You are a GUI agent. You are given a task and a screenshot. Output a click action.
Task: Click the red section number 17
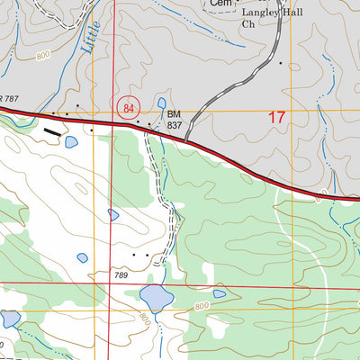click(x=277, y=117)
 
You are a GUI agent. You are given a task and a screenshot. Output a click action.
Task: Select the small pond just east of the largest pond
click(x=219, y=293)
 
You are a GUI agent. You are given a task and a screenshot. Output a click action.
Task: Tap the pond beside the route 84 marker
click(x=161, y=103)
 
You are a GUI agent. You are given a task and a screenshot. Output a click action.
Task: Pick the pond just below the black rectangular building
click(x=70, y=142)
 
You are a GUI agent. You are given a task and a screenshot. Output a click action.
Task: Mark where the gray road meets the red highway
click(x=186, y=141)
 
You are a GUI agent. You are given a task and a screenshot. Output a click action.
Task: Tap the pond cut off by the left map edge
click(x=9, y=319)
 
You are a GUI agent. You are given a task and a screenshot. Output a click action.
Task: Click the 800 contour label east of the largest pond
click(x=201, y=307)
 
